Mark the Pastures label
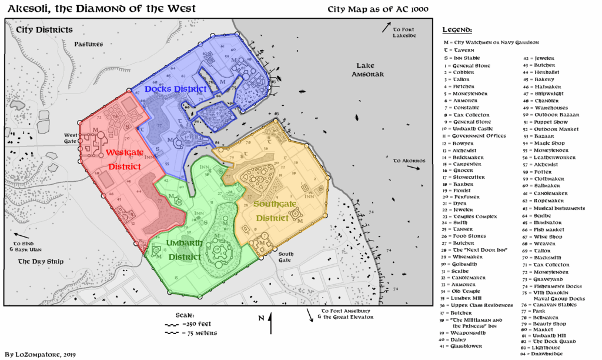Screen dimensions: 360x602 click(89, 44)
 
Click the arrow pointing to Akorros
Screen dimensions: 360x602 click(414, 168)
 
